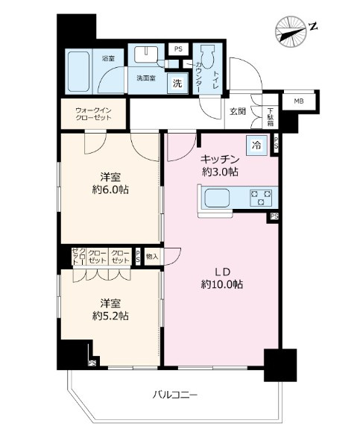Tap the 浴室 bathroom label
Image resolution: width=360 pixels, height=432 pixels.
tap(109, 57)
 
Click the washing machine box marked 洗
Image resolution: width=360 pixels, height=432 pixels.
tap(177, 84)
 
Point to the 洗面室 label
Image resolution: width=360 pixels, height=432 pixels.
tap(145, 78)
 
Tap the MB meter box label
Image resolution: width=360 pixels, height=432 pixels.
tap(297, 101)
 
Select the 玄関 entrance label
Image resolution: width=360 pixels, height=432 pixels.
tap(236, 112)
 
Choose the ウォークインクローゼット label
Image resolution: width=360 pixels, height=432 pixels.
tap(93, 113)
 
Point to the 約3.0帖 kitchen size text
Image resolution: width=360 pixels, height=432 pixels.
tap(218, 172)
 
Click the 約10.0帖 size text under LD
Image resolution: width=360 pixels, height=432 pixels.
tap(221, 284)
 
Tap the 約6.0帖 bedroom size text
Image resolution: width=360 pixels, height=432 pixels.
tap(110, 190)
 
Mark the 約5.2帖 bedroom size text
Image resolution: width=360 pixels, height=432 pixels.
tap(110, 316)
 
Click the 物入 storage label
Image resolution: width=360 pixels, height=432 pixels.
tap(152, 256)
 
